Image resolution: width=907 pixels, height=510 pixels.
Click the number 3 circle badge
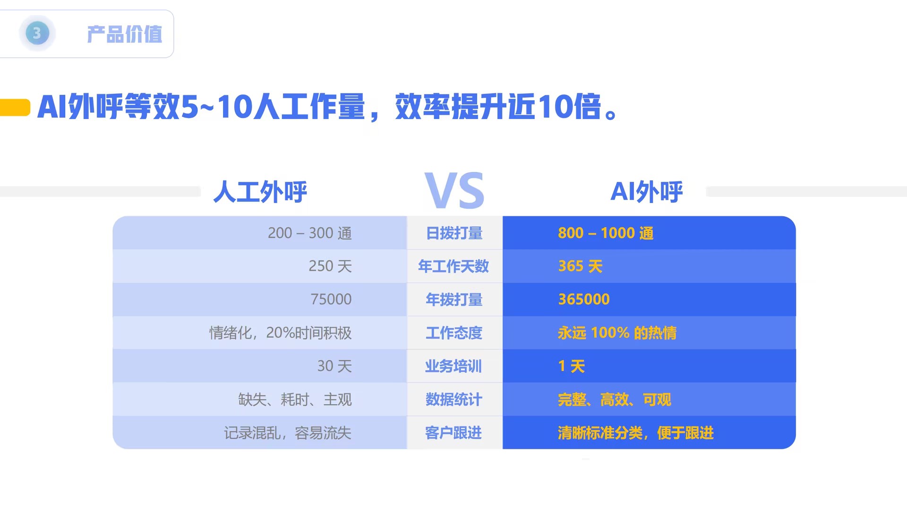tap(37, 34)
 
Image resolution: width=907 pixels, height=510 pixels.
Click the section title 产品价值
tap(124, 34)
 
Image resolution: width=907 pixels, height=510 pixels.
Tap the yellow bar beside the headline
tap(15, 107)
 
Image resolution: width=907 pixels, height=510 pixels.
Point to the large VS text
tap(454, 191)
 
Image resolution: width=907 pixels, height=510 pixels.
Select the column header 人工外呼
tap(260, 192)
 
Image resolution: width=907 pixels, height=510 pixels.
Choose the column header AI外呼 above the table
tap(646, 192)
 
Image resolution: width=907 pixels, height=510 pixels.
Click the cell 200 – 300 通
tap(309, 233)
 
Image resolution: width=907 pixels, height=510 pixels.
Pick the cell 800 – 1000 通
tap(606, 233)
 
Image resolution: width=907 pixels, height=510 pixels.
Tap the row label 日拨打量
tap(454, 233)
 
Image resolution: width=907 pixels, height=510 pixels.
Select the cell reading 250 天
tap(330, 266)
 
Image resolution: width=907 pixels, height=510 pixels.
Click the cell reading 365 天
tap(580, 266)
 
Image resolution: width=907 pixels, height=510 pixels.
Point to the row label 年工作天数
tap(453, 266)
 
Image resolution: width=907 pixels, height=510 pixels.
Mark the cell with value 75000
tap(331, 299)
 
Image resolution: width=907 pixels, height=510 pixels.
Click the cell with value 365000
tap(584, 299)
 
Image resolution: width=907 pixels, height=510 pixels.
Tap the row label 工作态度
tap(454, 333)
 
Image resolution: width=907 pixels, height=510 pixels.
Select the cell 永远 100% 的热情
tap(617, 333)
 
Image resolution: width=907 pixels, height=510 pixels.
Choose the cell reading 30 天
tap(334, 366)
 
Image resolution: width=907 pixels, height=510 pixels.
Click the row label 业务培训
tap(453, 366)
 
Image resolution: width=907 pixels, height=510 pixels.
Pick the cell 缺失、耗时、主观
tap(295, 399)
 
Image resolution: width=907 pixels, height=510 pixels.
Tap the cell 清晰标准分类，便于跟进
tap(635, 433)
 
